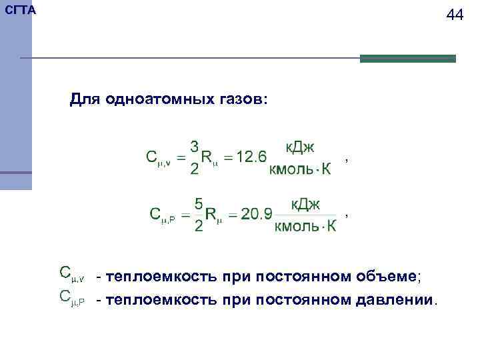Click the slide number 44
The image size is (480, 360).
[455, 15]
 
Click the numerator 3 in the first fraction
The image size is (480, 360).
[194, 145]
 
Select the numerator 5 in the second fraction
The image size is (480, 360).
[199, 203]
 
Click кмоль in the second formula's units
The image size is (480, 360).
[297, 227]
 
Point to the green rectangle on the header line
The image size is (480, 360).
[407, 59]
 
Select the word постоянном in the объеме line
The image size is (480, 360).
[313, 276]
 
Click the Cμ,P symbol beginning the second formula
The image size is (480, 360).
[163, 215]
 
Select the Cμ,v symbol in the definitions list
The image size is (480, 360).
[71, 273]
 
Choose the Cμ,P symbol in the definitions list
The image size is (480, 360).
[71, 297]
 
